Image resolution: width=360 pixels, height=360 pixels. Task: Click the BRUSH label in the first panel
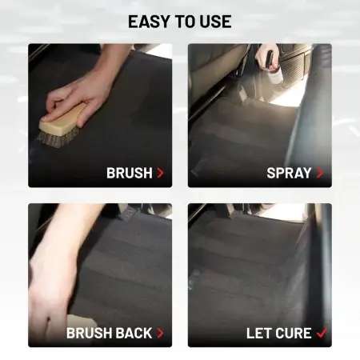pos(130,173)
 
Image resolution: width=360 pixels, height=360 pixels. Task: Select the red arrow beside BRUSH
pos(160,173)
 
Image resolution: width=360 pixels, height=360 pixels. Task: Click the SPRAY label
pos(289,173)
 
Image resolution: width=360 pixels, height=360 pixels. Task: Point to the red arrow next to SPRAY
pos(320,173)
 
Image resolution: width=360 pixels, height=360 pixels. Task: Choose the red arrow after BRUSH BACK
pos(160,333)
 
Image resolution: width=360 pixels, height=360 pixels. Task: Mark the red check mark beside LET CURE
pos(322,333)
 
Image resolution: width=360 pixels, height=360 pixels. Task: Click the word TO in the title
pos(185,22)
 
